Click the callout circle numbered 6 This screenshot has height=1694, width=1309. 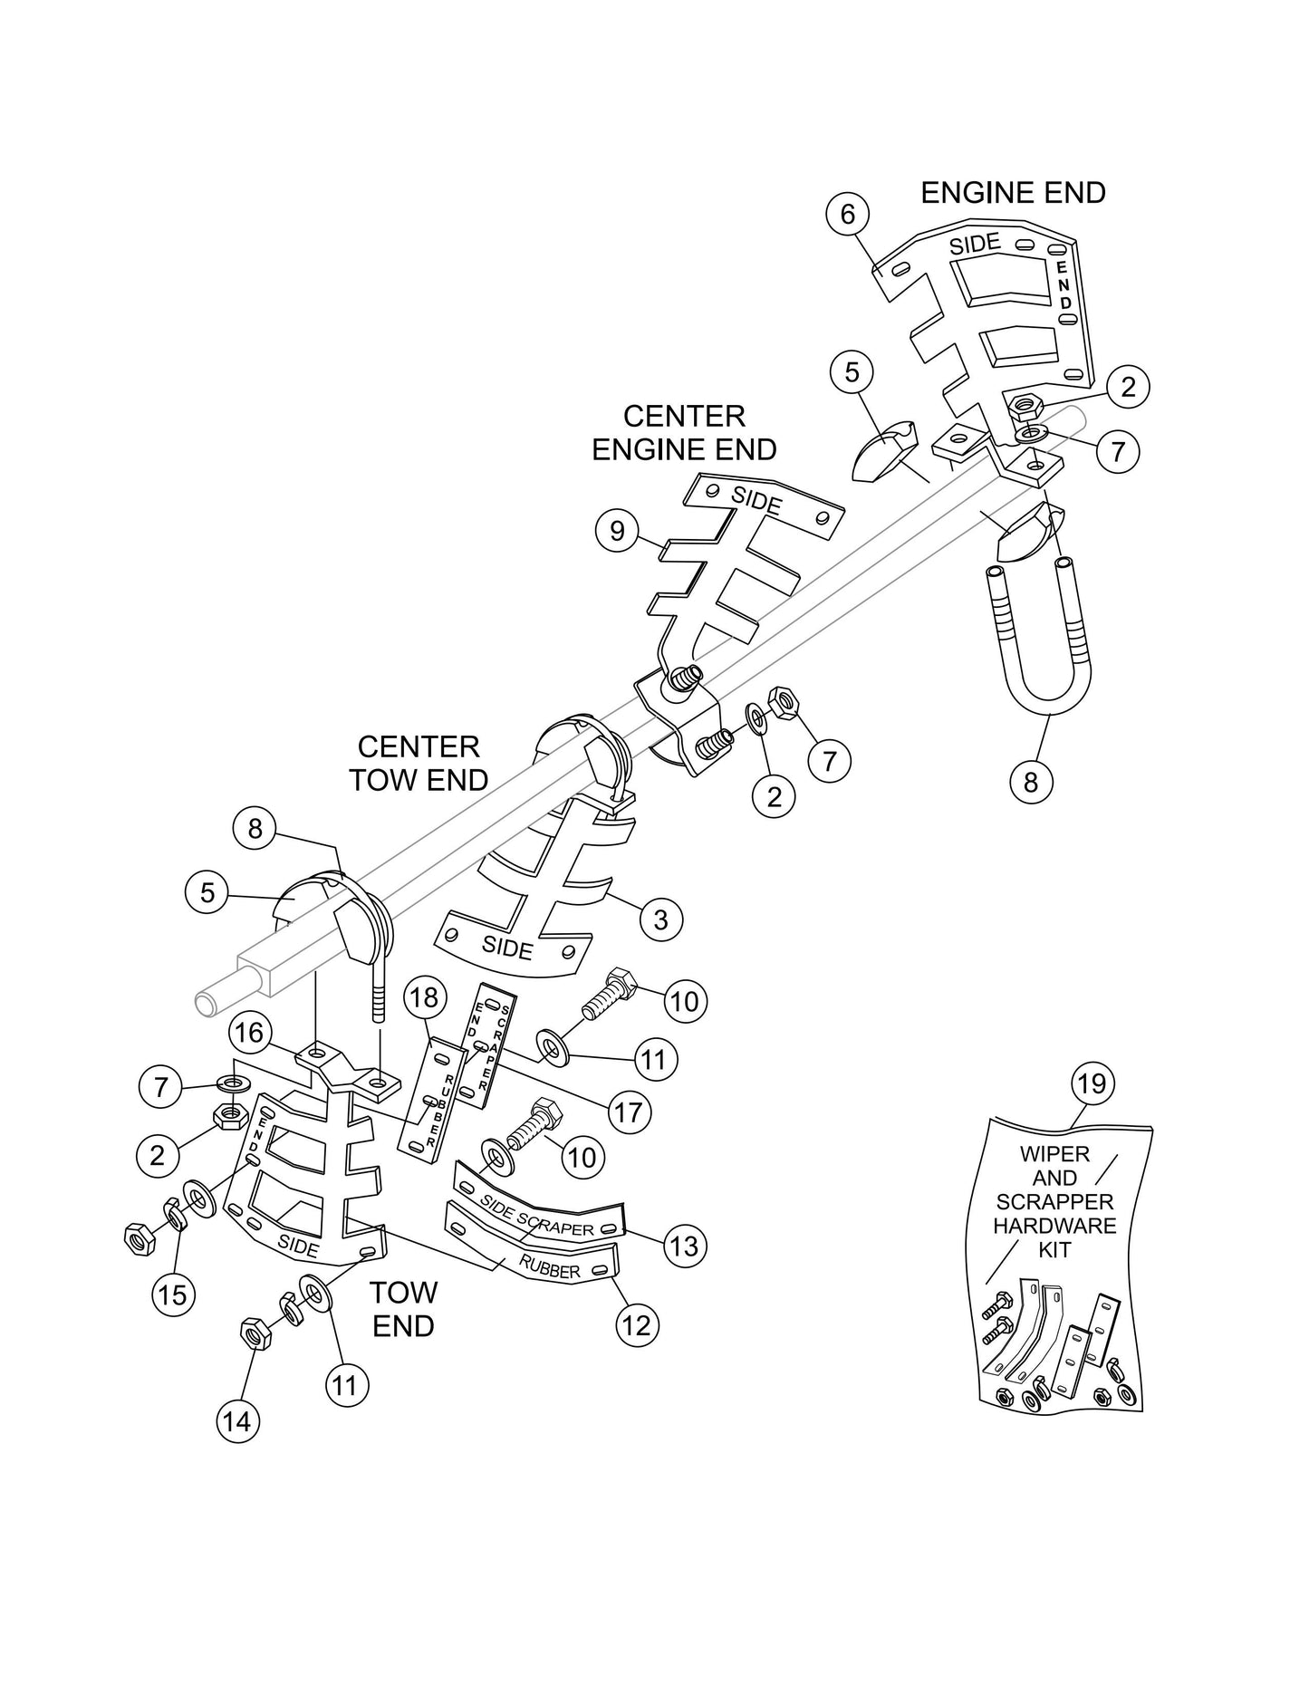tap(847, 215)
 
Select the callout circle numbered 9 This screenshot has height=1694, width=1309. tap(617, 530)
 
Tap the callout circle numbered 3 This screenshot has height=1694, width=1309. tap(660, 919)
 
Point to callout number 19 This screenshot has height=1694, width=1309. tap(1092, 1083)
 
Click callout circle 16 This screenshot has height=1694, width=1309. tap(251, 1034)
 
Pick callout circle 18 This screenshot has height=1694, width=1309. tap(424, 997)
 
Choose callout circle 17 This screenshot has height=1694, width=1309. tap(628, 1112)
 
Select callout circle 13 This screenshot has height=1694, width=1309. tap(685, 1246)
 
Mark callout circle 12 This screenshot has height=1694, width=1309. tap(637, 1325)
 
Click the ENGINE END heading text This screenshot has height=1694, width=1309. tap(1013, 193)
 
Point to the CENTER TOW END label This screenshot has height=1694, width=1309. tap(419, 763)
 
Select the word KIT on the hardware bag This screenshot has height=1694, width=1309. tap(1055, 1250)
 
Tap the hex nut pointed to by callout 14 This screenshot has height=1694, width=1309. tap(254, 1334)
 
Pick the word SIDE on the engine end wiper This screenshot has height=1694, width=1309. tap(974, 244)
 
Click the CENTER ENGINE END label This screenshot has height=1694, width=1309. tap(684, 432)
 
